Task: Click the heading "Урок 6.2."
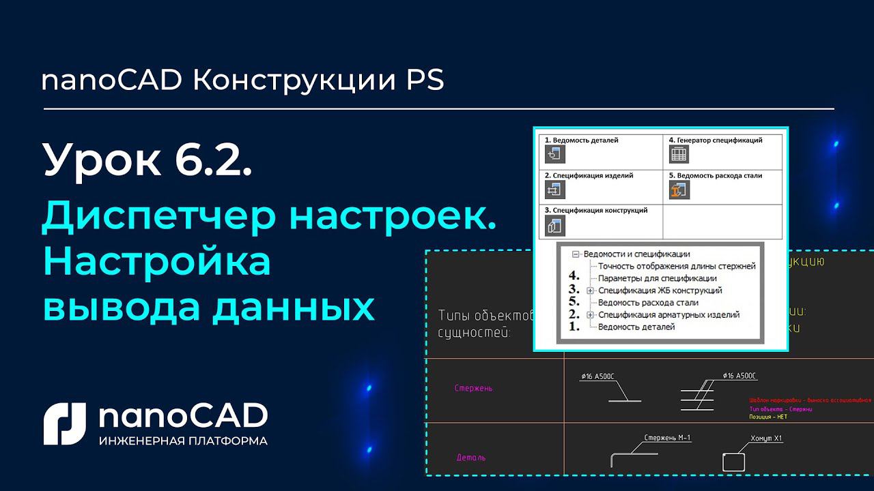point(147,160)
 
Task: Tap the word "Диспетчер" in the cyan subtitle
point(157,217)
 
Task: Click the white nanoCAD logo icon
point(66,423)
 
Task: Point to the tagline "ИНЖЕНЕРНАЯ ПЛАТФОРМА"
point(183,441)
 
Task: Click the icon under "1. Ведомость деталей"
point(554,154)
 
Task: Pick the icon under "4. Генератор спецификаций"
point(678,154)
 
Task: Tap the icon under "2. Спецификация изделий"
point(554,190)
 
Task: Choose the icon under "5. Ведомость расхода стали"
point(678,190)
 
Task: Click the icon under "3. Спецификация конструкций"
point(554,225)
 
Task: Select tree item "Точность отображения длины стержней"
point(676,266)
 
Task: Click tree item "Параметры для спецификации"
point(657,278)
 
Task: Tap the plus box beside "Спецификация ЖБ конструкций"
point(591,291)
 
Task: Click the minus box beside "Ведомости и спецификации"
point(576,254)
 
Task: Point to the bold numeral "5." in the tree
point(574,302)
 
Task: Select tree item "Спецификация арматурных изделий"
point(668,314)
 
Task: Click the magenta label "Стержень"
point(474,388)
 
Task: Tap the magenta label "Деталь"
point(470,458)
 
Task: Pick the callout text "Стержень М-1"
point(668,438)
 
